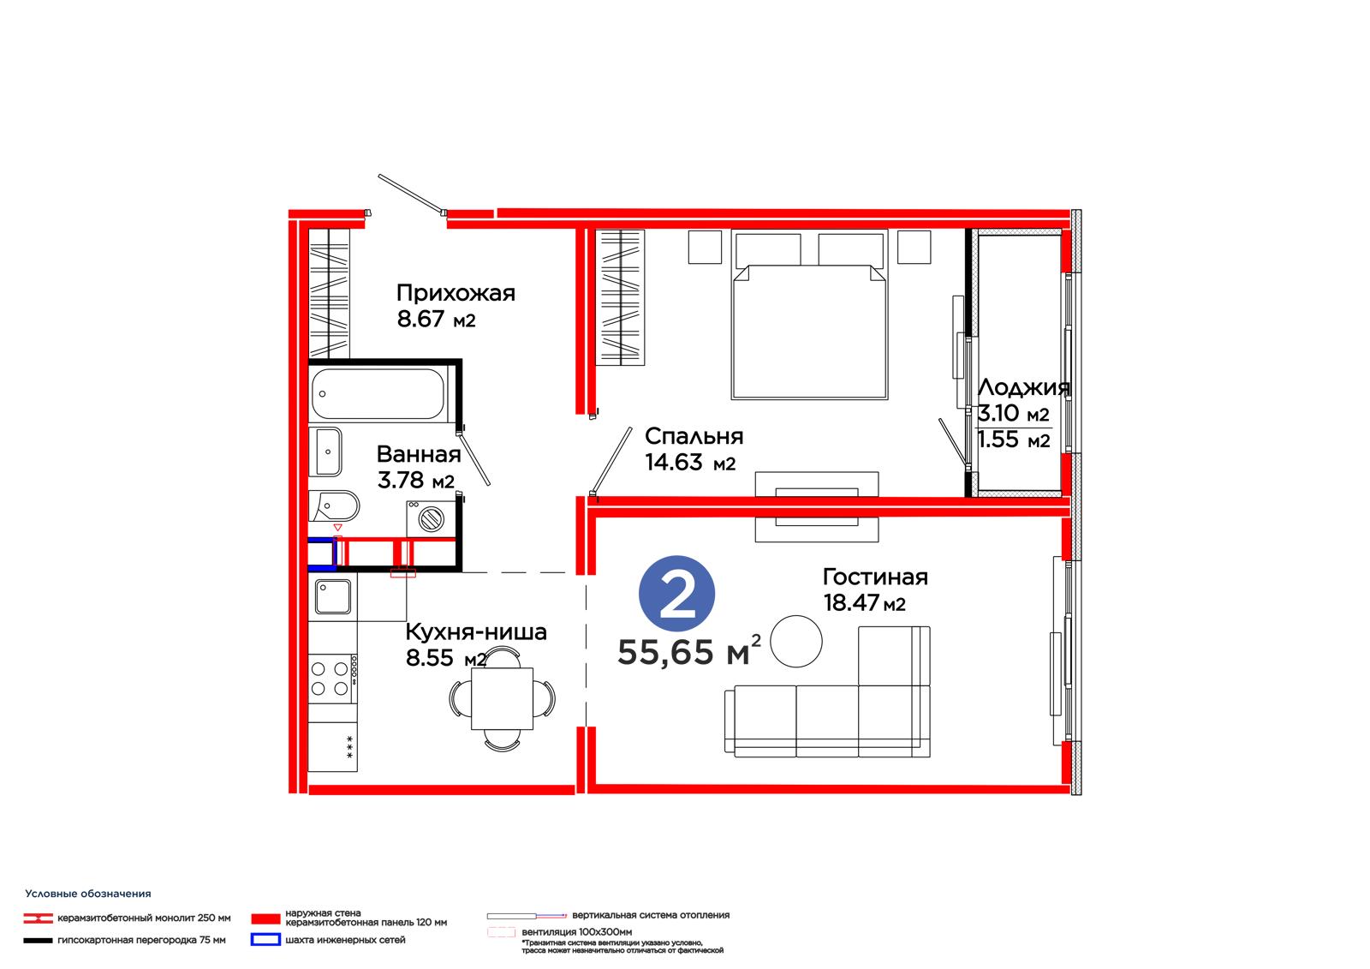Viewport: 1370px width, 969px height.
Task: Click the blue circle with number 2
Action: (x=676, y=593)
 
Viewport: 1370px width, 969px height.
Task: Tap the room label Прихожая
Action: (x=456, y=293)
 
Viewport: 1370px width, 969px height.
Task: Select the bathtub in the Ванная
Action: (x=378, y=393)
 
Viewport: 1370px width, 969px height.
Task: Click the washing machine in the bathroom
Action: (x=432, y=519)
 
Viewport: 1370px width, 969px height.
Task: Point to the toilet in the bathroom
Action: (x=333, y=505)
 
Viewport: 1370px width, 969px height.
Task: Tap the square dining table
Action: (x=502, y=698)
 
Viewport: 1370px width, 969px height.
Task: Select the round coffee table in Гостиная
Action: (x=795, y=641)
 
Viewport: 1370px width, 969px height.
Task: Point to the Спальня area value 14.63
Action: (x=674, y=462)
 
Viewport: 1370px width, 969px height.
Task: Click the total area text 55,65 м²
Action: (x=689, y=651)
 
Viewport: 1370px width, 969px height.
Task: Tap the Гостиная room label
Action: (x=875, y=577)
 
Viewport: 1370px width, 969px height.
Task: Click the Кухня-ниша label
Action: (x=476, y=631)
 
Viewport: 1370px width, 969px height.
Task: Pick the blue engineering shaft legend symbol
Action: (x=265, y=939)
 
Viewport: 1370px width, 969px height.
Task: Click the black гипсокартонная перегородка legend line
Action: (x=38, y=941)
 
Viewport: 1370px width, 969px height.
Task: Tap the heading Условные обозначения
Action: (x=88, y=894)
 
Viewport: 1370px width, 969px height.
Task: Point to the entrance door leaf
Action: (x=411, y=194)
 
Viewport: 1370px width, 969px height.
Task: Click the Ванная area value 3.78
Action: (x=401, y=480)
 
